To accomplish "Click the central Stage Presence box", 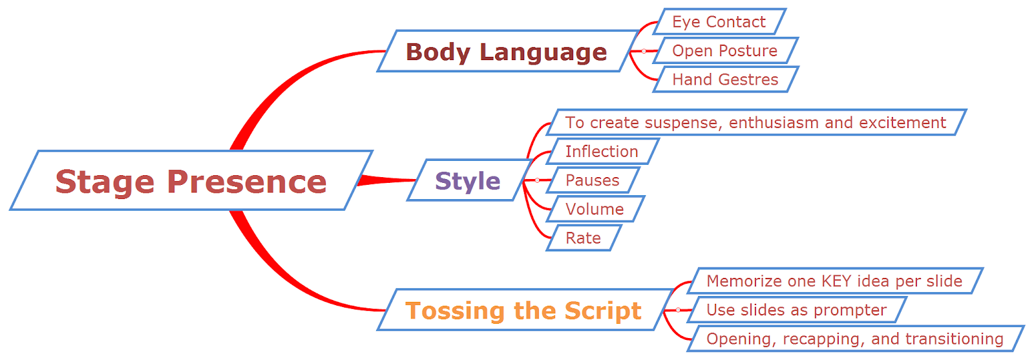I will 191,181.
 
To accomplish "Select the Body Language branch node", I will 506,52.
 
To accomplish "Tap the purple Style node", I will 468,181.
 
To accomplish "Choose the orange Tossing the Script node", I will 523,310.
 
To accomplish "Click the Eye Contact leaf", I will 719,22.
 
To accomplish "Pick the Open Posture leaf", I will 724,51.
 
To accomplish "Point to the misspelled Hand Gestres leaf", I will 725,79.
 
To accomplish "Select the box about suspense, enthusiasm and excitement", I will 755,123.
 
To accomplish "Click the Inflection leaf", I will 602,151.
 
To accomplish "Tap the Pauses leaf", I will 593,180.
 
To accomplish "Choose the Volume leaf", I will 595,209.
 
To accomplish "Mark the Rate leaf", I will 583,238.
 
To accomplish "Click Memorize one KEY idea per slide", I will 834,281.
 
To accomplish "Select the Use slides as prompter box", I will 796,310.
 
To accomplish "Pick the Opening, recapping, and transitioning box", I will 854,339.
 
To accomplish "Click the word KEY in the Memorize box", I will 836,281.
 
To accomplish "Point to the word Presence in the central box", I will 247,182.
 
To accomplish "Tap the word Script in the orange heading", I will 603,311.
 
